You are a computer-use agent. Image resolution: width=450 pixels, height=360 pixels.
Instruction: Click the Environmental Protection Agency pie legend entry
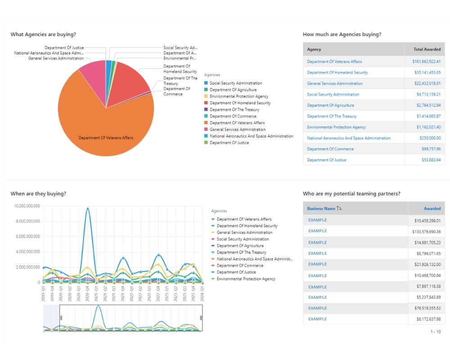point(238,96)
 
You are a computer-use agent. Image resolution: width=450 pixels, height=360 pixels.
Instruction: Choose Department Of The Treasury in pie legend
point(234,109)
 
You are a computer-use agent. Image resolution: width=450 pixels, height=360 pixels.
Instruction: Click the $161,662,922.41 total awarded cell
point(426,62)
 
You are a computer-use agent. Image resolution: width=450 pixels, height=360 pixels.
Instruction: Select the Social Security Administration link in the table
point(333,94)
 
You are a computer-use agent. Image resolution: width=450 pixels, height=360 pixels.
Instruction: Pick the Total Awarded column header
point(427,49)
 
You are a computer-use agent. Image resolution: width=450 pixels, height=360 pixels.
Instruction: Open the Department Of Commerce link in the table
point(330,149)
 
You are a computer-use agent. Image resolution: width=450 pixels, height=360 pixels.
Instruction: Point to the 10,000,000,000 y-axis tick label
point(27,206)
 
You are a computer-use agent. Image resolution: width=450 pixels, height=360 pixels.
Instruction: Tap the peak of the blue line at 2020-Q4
point(88,208)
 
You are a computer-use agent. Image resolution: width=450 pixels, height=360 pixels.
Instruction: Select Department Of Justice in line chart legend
point(236,272)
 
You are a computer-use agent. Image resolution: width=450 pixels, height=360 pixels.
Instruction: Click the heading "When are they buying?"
point(38,193)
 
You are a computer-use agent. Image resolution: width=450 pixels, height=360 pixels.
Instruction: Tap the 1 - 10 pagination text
point(436,332)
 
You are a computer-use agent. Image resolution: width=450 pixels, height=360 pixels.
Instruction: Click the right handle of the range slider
point(201,318)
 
